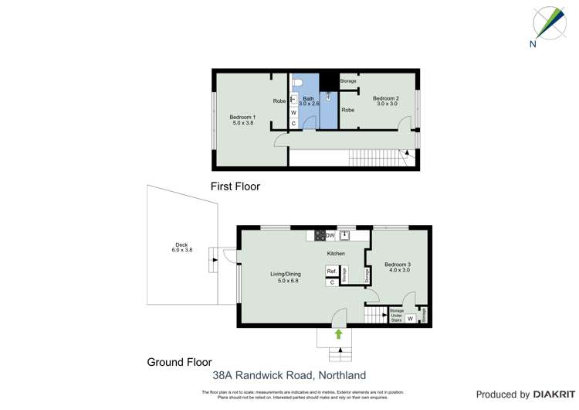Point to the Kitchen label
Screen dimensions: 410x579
click(x=335, y=253)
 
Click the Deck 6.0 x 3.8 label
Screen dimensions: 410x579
click(x=181, y=250)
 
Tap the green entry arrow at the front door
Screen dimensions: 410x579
click(x=338, y=333)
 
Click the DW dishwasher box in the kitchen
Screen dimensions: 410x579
click(x=330, y=235)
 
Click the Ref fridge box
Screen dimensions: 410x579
click(x=331, y=271)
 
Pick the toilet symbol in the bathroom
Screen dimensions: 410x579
click(x=298, y=83)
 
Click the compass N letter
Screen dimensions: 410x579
click(x=533, y=44)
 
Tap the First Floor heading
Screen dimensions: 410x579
click(x=235, y=186)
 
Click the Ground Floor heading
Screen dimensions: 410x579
click(x=179, y=362)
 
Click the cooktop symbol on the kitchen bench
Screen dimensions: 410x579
click(x=319, y=235)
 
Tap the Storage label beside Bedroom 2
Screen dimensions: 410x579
click(x=348, y=80)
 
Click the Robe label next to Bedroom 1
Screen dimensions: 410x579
click(x=279, y=101)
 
